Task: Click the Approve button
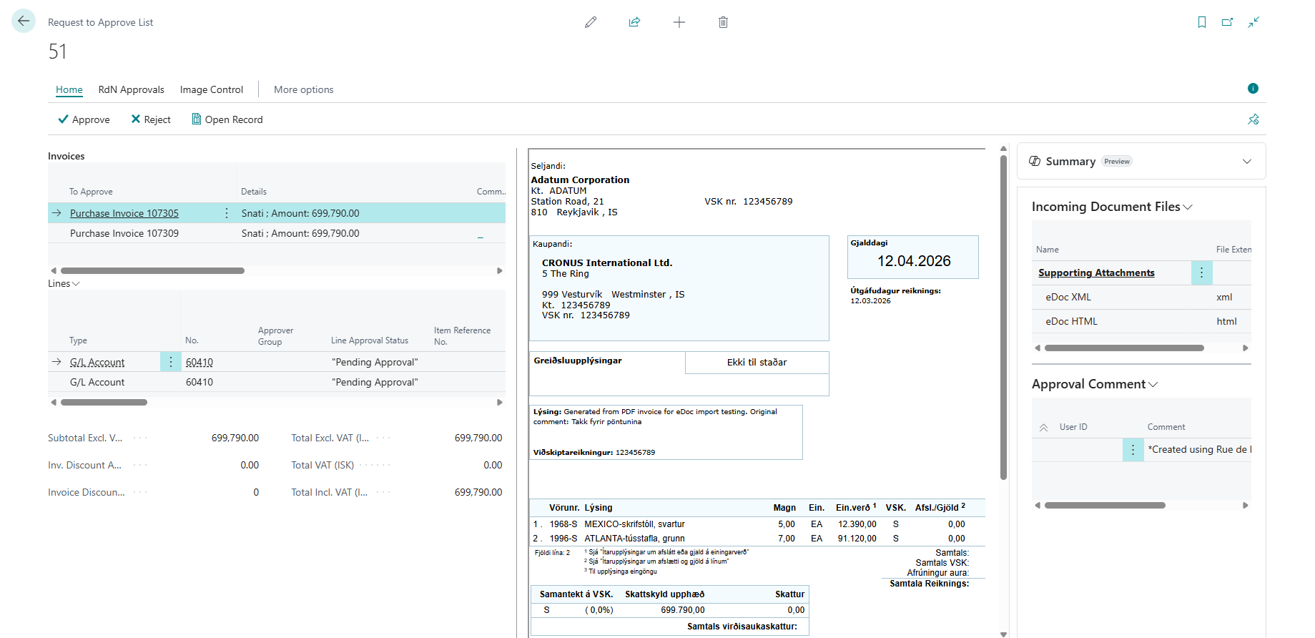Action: click(84, 119)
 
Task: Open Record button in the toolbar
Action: click(227, 119)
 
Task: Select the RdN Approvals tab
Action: click(132, 89)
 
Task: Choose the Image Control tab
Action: click(212, 89)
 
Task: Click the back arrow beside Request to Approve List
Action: click(24, 21)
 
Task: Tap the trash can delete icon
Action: click(723, 22)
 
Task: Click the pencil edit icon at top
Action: click(591, 22)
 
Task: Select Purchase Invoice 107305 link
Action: click(124, 213)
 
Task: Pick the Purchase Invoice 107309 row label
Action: click(124, 233)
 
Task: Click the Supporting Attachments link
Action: click(1096, 273)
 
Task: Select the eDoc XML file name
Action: click(1068, 297)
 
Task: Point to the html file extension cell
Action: click(1226, 321)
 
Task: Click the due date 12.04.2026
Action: click(914, 261)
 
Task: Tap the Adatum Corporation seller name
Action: click(580, 180)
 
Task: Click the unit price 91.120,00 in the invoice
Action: click(857, 539)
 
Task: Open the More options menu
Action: click(304, 89)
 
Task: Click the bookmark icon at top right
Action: click(1201, 22)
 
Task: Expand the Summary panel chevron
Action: click(1247, 161)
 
